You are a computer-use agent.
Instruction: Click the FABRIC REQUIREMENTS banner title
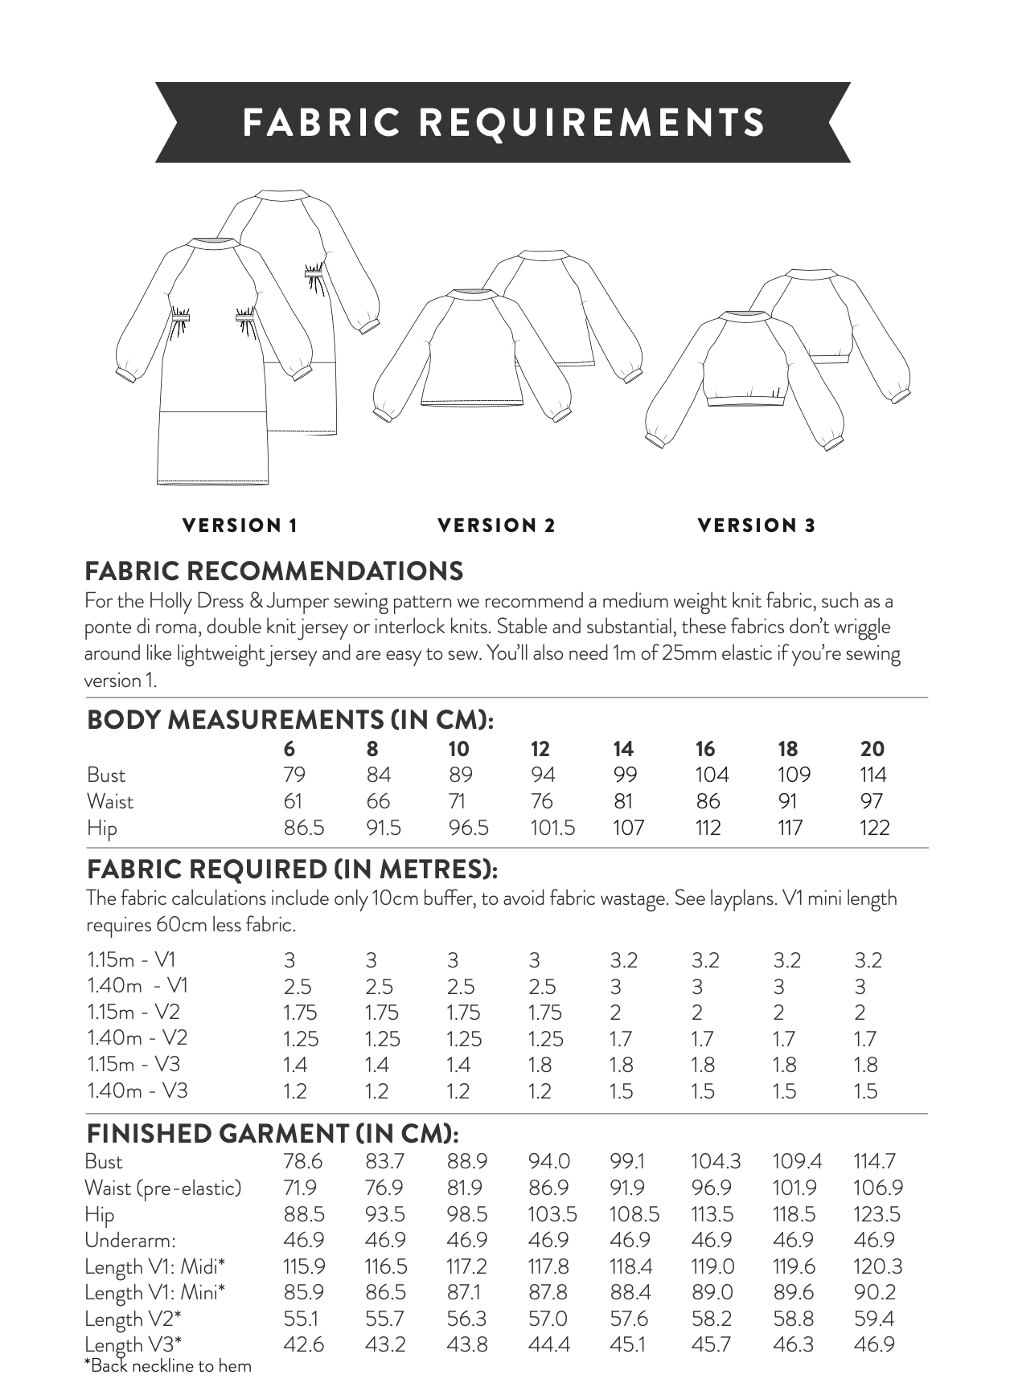pyautogui.click(x=503, y=122)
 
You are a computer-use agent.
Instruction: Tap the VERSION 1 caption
pyautogui.click(x=240, y=526)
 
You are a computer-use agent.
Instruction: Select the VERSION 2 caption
pyautogui.click(x=496, y=526)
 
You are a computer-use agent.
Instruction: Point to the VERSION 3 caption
pyautogui.click(x=757, y=526)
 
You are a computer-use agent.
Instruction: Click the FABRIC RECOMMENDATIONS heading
pyautogui.click(x=274, y=571)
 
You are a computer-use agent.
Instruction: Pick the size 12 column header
pyautogui.click(x=540, y=749)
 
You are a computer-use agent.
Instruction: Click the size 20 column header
pyautogui.click(x=872, y=749)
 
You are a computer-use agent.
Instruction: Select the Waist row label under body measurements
pyautogui.click(x=110, y=801)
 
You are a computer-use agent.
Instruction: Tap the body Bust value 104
pyautogui.click(x=712, y=775)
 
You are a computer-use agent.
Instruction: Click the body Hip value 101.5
pyautogui.click(x=552, y=828)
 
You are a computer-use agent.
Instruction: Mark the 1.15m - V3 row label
pyautogui.click(x=133, y=1065)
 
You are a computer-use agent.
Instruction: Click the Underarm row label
pyautogui.click(x=129, y=1240)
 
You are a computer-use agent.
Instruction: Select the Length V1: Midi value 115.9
pyautogui.click(x=304, y=1266)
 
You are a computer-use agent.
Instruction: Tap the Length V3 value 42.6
pyautogui.click(x=303, y=1344)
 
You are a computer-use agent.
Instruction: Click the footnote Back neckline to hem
pyautogui.click(x=168, y=1366)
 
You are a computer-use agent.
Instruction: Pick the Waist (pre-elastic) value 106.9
pyautogui.click(x=878, y=1188)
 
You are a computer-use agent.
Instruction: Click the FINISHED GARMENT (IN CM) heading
pyautogui.click(x=273, y=1134)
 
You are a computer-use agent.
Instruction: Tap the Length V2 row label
pyautogui.click(x=133, y=1319)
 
